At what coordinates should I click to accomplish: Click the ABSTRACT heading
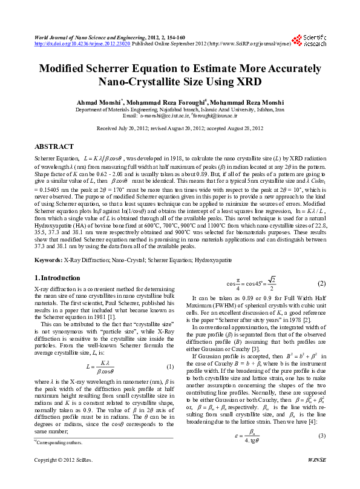coord(54,146)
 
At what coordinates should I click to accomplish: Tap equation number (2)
coord(322,284)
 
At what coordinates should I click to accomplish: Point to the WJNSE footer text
coord(316,477)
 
